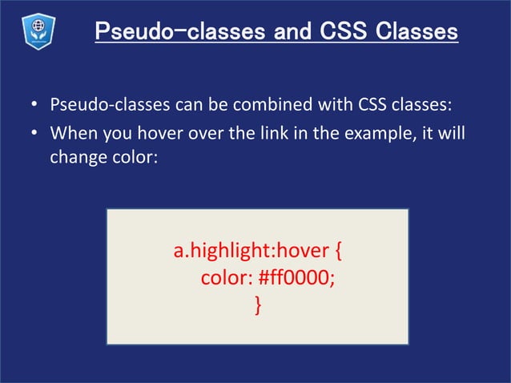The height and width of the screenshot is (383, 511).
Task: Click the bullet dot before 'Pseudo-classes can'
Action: [35, 106]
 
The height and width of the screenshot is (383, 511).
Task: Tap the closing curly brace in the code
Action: [257, 305]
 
